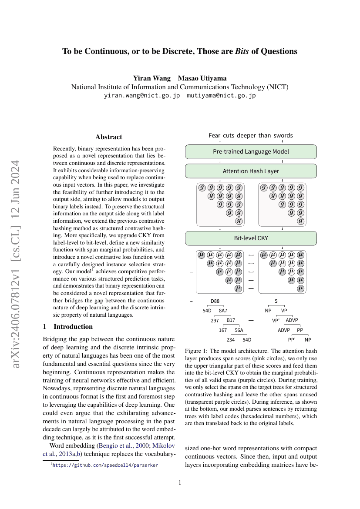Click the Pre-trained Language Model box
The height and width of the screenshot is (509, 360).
coord(251,152)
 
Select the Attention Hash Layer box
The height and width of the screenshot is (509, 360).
coord(251,171)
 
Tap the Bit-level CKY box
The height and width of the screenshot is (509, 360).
coord(251,238)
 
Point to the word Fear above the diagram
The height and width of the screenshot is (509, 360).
coord(215,135)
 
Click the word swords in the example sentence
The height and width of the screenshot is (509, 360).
coord(283,135)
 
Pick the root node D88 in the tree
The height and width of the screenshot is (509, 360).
coord(215,301)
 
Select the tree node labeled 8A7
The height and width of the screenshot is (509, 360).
coord(223,311)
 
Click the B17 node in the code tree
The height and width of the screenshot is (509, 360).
coord(231,320)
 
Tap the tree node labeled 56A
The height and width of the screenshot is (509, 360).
coord(239,330)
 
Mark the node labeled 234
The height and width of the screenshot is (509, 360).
coord(231,340)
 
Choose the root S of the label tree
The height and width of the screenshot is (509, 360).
coord(276,301)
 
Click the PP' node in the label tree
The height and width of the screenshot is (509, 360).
coord(292,340)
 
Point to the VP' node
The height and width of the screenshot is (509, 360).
coord(276,321)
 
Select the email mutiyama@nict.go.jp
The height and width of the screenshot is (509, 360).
coord(221,95)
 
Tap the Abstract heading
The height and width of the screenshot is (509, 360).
coord(109,137)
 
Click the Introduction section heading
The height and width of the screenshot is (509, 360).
coord(73,327)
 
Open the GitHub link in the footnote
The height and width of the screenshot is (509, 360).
coord(105,465)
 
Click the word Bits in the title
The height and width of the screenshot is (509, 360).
coord(242,51)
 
